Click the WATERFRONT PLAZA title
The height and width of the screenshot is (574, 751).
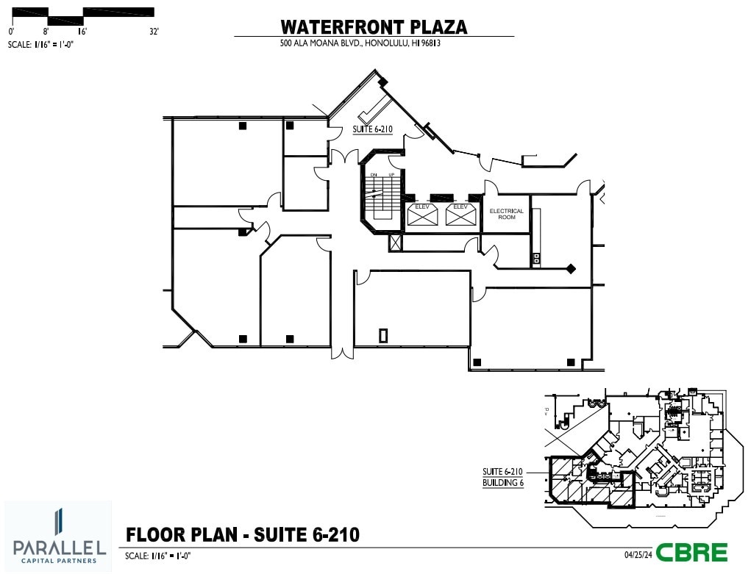point(374,27)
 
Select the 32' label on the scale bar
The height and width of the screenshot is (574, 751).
point(154,32)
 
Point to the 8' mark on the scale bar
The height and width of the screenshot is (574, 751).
point(46,32)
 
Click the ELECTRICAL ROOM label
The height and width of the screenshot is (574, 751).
point(506,214)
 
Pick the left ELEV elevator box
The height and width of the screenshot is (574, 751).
point(423,214)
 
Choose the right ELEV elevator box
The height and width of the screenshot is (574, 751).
point(460,214)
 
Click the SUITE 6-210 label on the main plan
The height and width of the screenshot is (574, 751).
point(372,129)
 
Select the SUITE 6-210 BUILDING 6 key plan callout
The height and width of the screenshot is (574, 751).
point(502,477)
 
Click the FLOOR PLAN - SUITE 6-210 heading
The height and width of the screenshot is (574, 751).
point(243,534)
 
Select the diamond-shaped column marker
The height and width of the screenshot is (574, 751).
point(570,268)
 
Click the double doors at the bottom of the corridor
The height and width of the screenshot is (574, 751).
point(341,351)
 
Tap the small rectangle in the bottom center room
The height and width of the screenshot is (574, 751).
point(383,335)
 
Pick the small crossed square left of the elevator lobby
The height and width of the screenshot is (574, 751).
point(396,243)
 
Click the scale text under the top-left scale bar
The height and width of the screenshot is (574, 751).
point(41,44)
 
